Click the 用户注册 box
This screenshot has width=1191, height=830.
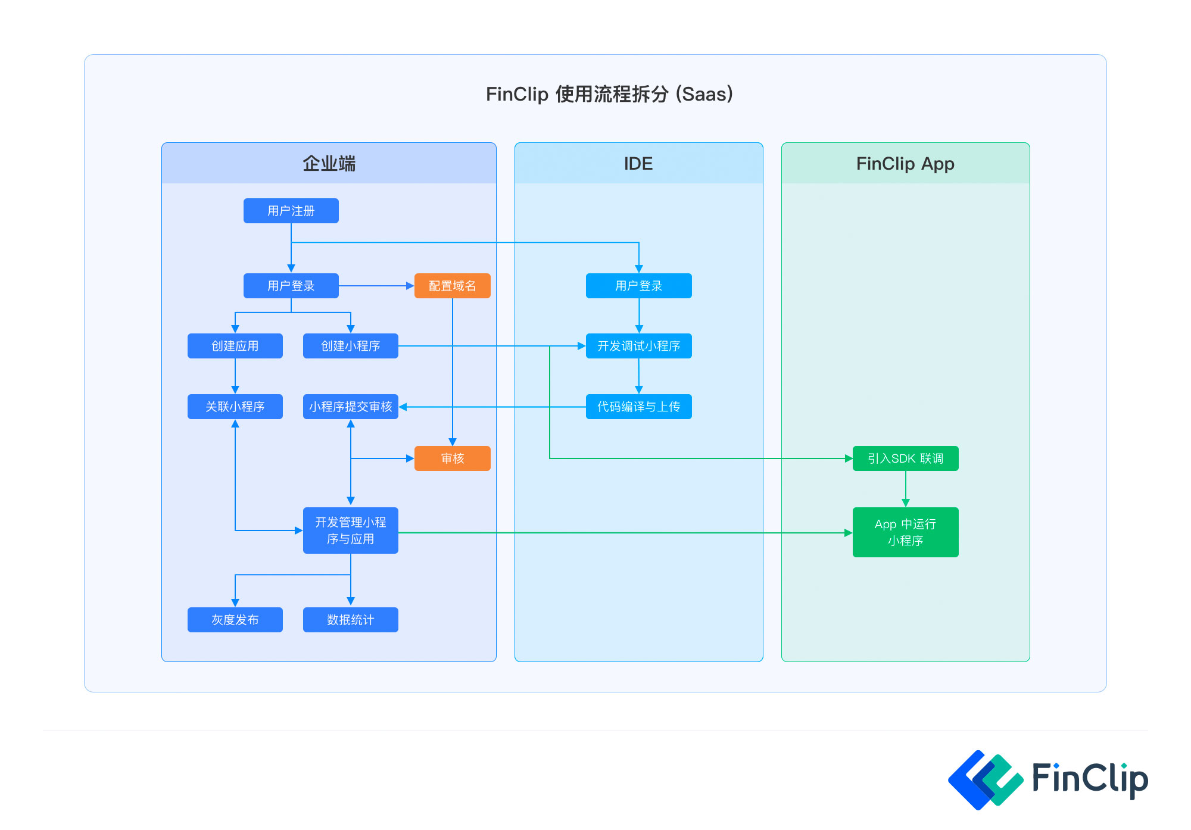(x=291, y=211)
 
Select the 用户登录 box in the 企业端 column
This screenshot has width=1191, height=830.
(x=291, y=286)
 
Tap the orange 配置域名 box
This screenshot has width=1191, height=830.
(x=452, y=286)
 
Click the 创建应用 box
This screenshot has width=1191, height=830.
(x=235, y=346)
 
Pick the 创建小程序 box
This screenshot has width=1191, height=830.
(x=350, y=346)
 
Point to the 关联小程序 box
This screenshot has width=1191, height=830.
(x=235, y=407)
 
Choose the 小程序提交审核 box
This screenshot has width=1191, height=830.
(x=350, y=407)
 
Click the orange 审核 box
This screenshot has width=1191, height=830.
(x=452, y=458)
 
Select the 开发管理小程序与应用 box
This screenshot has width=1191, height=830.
(x=350, y=531)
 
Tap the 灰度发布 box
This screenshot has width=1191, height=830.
(x=235, y=620)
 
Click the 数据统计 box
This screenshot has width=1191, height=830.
(x=350, y=620)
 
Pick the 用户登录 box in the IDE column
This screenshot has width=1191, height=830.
(x=638, y=286)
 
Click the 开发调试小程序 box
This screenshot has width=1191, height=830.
(x=638, y=346)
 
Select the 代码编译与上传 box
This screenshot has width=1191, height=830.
(x=638, y=407)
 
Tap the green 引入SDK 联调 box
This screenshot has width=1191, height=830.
(x=905, y=458)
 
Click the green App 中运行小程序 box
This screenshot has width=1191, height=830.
(x=905, y=532)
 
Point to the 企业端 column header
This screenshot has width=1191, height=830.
(x=329, y=164)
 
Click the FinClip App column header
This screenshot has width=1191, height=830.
(x=905, y=164)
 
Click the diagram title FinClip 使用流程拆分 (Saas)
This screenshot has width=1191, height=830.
(x=609, y=94)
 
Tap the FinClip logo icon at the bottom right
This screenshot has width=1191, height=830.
(x=985, y=779)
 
